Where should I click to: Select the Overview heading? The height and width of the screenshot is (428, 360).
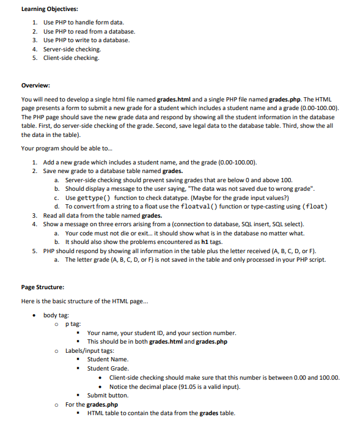click(35, 86)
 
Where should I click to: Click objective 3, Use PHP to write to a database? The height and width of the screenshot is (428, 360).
click(86, 40)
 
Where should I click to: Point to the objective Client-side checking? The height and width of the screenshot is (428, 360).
click(71, 58)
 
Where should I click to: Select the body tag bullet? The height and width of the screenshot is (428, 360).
click(56, 315)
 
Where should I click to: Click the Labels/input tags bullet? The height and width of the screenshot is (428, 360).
click(90, 351)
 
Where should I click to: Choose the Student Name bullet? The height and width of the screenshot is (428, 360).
click(108, 360)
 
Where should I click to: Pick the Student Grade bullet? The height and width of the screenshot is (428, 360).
click(108, 369)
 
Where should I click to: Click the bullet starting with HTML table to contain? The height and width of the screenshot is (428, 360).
click(161, 413)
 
